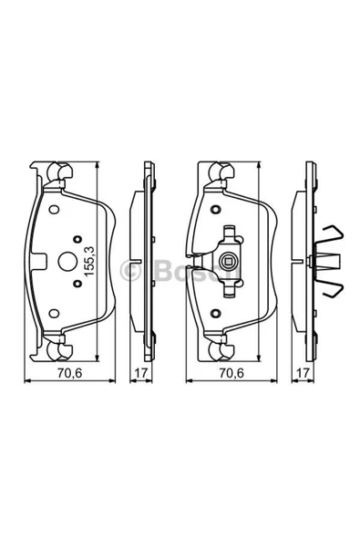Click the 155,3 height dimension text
click(x=89, y=261)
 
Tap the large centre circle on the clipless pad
click(x=67, y=262)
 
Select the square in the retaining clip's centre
click(x=228, y=261)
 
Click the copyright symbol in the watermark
click(x=130, y=271)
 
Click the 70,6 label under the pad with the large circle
click(x=70, y=373)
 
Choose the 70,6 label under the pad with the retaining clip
click(x=231, y=373)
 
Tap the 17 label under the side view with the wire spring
click(x=303, y=373)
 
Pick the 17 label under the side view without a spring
click(x=141, y=373)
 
